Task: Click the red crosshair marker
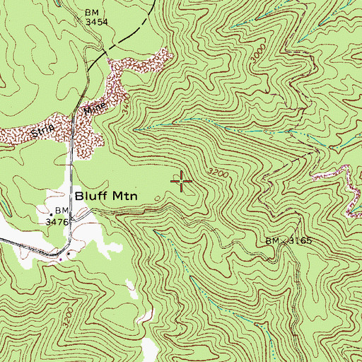182,182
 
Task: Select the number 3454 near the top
96,22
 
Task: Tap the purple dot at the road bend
62,258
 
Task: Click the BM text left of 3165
273,241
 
